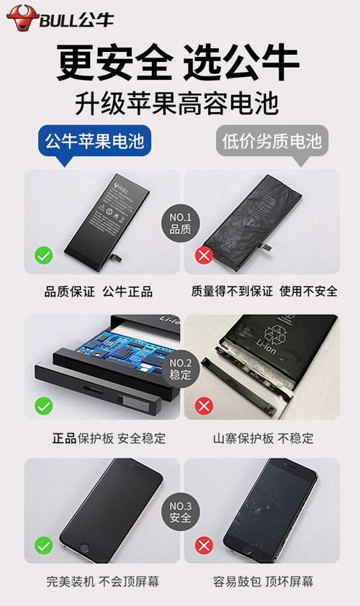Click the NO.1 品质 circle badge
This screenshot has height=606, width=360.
click(x=179, y=223)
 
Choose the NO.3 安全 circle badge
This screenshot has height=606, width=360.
click(x=180, y=512)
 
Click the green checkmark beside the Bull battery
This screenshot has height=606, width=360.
click(x=44, y=255)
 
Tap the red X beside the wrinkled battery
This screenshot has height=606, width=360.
click(x=204, y=255)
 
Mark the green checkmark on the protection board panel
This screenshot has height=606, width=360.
click(x=44, y=405)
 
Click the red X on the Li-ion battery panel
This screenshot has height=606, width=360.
click(x=204, y=405)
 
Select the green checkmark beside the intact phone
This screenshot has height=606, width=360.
click(x=44, y=546)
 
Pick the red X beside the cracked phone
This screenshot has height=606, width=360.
click(x=204, y=546)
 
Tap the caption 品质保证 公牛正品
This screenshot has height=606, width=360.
click(x=99, y=291)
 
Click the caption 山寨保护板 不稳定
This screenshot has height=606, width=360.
click(x=263, y=438)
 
